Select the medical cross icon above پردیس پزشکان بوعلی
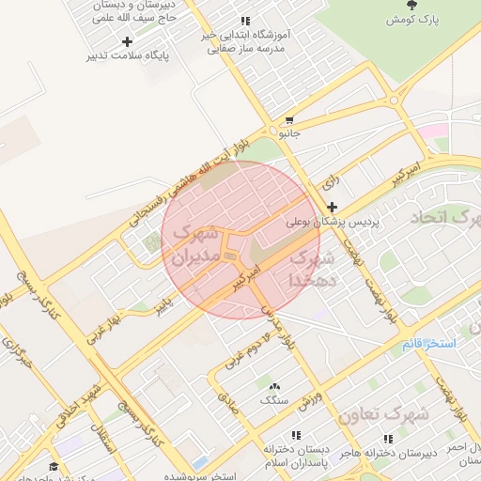coord(332,207)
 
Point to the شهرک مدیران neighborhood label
coord(195,243)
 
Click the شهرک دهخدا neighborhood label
coord(311,268)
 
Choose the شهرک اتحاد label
coord(443,218)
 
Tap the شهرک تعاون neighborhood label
coord(383,413)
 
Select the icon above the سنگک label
coord(274,386)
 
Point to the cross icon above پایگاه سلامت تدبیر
coord(127,40)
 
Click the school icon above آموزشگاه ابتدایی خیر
coord(245,21)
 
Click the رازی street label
coord(330,178)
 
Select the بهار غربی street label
coord(102,322)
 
